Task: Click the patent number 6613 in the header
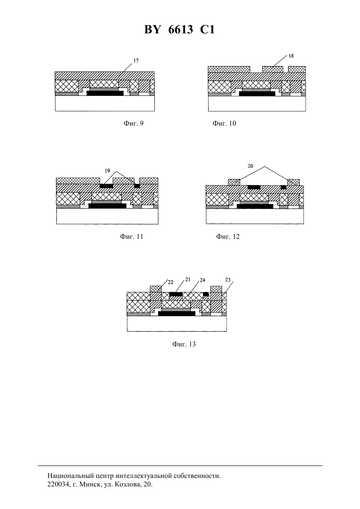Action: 181,29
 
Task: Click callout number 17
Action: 136,61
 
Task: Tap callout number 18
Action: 291,56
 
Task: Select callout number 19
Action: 107,171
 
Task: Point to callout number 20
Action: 250,166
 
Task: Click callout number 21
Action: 188,279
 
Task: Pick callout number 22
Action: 171,282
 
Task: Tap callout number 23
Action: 228,280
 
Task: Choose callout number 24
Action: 202,280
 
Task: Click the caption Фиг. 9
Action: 134,123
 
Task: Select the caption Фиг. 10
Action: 224,123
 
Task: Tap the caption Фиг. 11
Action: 132,237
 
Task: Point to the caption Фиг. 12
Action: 228,237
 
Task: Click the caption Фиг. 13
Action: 184,344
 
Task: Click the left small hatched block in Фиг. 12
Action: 234,182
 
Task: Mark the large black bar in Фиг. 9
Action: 105,93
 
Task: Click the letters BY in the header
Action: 153,29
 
